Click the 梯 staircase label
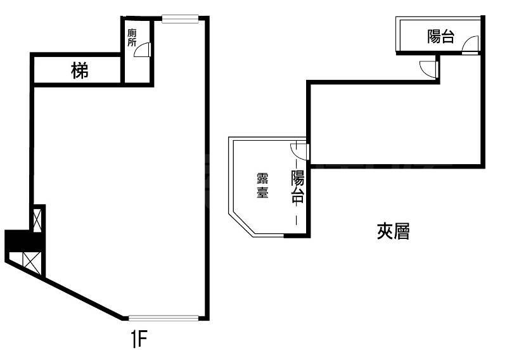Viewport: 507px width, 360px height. pyautogui.click(x=80, y=72)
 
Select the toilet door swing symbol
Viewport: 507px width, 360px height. pyautogui.click(x=144, y=50)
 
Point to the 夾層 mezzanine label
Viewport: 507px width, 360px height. pyautogui.click(x=393, y=233)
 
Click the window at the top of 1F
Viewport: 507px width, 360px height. pyautogui.click(x=181, y=19)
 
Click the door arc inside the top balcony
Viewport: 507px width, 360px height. pyautogui.click(x=470, y=45)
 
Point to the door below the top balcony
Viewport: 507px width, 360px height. pyautogui.click(x=429, y=67)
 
